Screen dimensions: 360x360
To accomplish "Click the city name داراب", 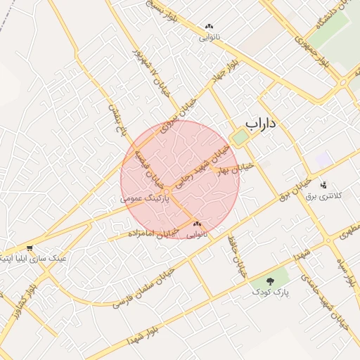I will (262, 124).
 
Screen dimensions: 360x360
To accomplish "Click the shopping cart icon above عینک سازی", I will (30, 248).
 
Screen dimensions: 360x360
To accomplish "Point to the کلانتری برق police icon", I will (323, 185).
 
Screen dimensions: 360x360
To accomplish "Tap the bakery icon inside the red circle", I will (196, 224).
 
